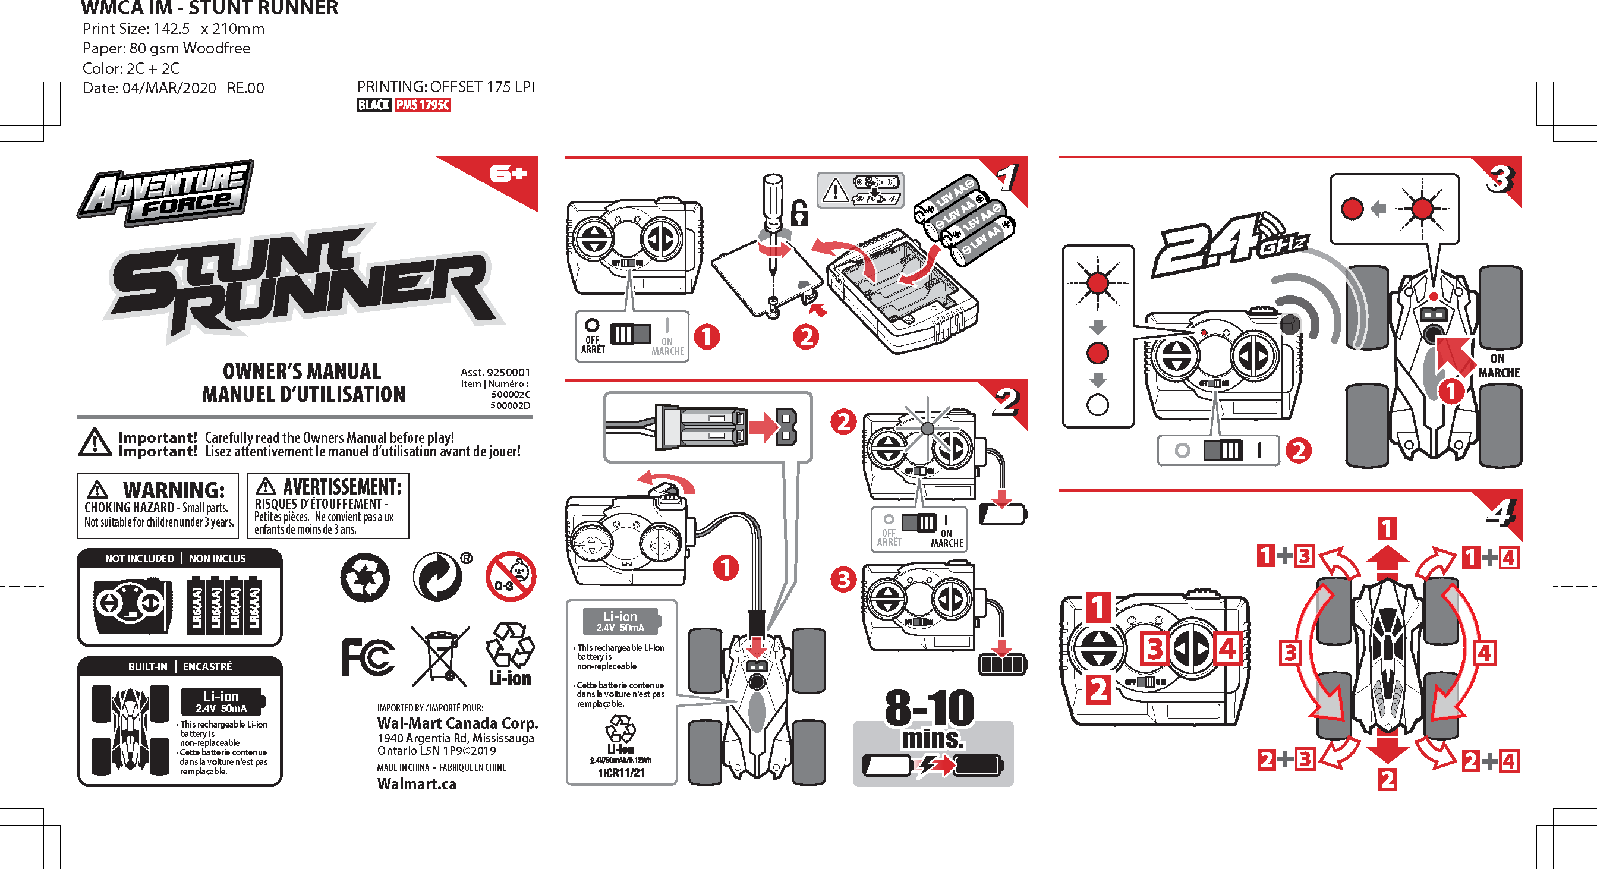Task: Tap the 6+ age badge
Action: (508, 174)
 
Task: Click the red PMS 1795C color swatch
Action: (423, 105)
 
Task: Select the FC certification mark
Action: (368, 657)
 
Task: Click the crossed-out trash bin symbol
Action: (441, 656)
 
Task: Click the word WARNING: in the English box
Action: (174, 490)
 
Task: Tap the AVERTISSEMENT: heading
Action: (342, 487)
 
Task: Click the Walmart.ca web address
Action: (417, 784)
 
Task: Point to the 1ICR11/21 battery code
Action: (620, 773)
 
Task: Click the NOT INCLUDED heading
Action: (140, 559)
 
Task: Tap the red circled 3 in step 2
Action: (843, 580)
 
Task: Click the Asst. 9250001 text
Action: (494, 372)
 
